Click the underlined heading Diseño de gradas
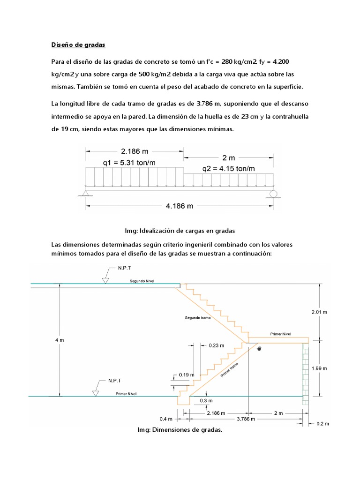[78, 45]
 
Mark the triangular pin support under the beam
[85, 192]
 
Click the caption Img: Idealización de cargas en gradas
[180, 231]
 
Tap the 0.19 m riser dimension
[186, 375]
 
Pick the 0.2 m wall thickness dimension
[323, 423]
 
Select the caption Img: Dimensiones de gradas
[180, 429]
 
